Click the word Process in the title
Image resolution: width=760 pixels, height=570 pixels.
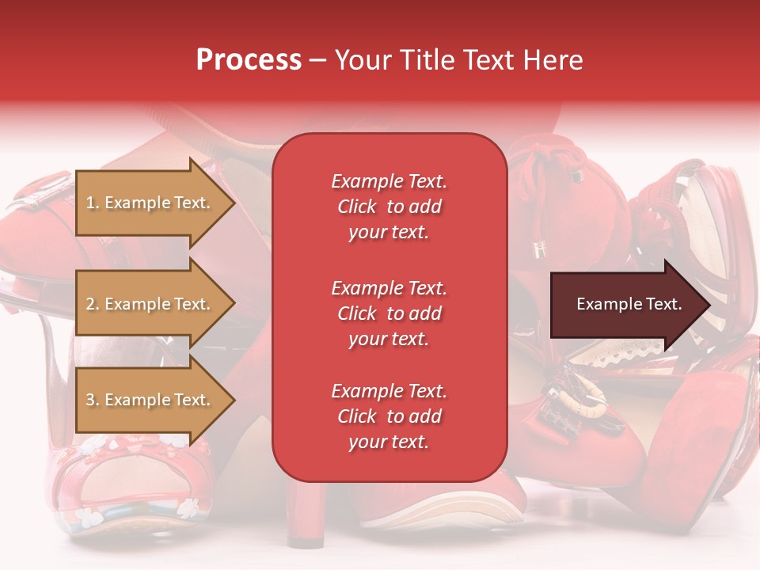tap(249, 60)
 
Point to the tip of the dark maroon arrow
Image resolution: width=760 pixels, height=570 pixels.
tap(709, 305)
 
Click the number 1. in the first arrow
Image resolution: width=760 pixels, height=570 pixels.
tap(93, 203)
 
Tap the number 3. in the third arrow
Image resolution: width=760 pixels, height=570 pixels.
tap(93, 400)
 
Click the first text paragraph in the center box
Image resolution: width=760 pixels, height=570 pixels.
tap(389, 207)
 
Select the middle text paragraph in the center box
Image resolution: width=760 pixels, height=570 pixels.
tap(389, 313)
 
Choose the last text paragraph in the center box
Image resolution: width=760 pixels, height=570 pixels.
tap(389, 416)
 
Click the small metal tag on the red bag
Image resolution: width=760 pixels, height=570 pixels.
tap(540, 250)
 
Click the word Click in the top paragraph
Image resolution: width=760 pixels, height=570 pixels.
tap(356, 207)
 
